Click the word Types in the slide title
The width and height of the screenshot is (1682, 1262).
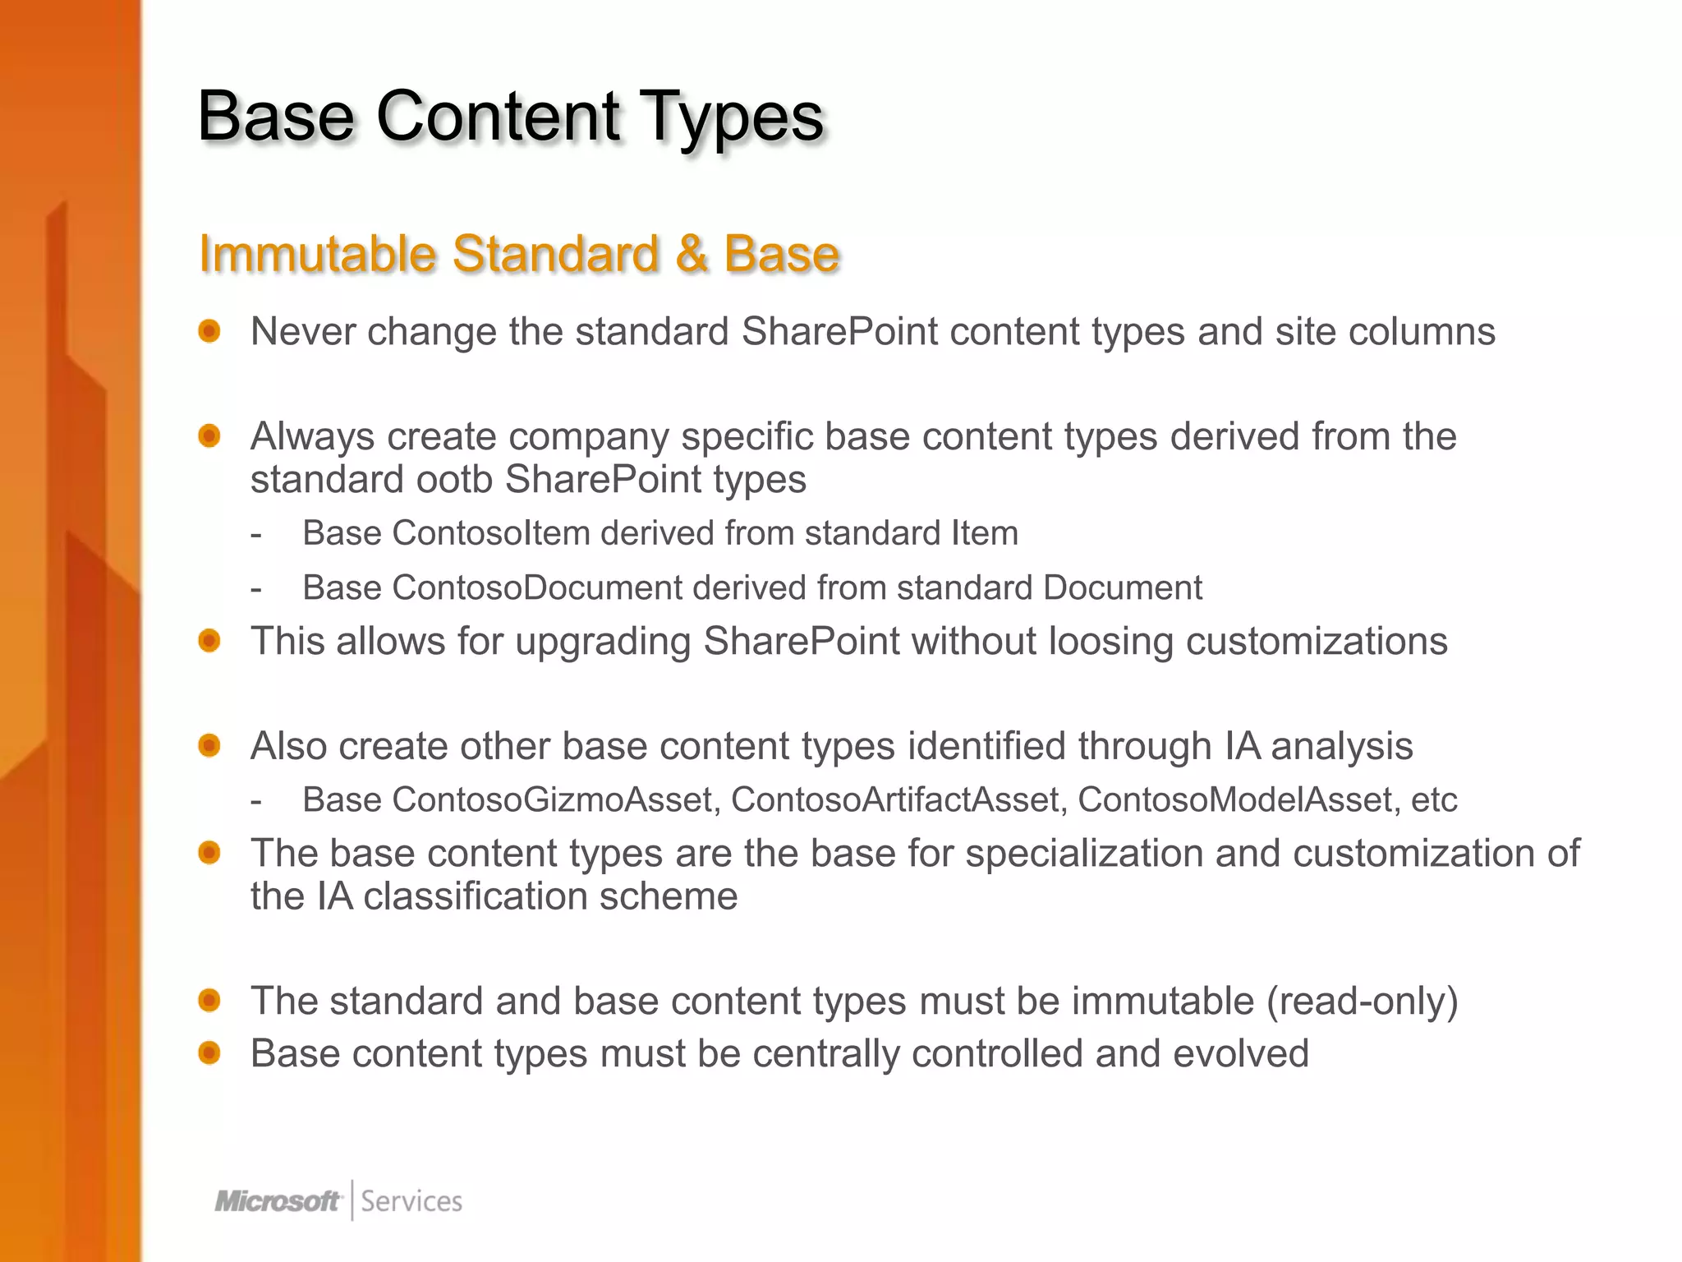tap(730, 117)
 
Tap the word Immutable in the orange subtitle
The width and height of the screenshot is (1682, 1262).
tap(317, 253)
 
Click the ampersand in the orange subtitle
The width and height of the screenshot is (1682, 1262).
tap(692, 253)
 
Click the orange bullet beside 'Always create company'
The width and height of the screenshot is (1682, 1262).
tap(209, 435)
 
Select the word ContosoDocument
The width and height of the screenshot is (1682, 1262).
tap(537, 588)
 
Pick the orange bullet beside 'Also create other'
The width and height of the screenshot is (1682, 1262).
tap(209, 745)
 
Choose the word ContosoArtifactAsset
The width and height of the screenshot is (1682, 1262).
tap(898, 799)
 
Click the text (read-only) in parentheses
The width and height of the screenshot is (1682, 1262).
tap(1363, 1002)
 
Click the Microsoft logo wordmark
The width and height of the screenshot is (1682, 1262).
tap(278, 1201)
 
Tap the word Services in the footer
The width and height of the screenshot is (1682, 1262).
tap(411, 1201)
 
